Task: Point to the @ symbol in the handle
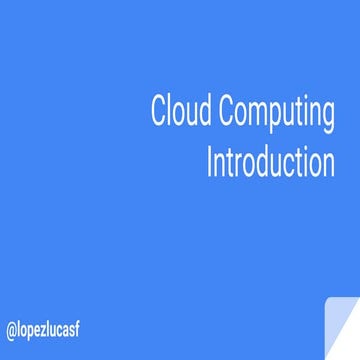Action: (x=11, y=329)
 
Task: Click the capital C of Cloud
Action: (x=158, y=112)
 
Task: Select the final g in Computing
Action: (x=328, y=116)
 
